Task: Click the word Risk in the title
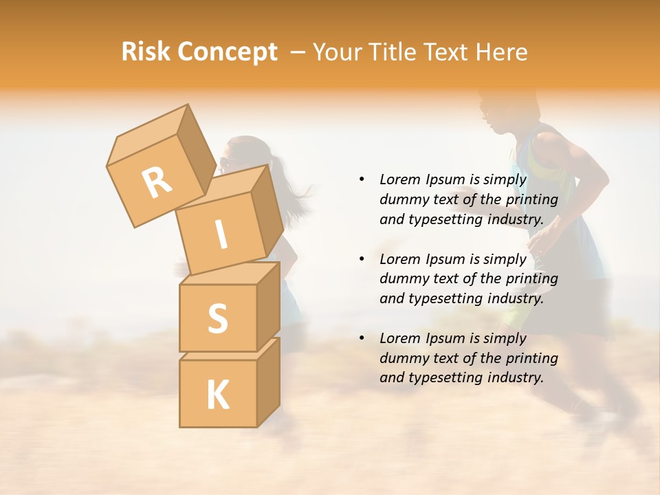pos(146,52)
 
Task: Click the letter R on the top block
pos(157,182)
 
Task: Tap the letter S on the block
pos(217,318)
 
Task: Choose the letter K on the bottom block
pos(217,395)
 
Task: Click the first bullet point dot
pos(362,179)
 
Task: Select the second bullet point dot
pos(362,259)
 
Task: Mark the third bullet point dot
pos(362,338)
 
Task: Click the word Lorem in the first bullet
pos(400,179)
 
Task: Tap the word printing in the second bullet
pos(531,279)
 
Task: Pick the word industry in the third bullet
pos(515,377)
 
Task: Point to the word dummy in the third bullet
pos(401,358)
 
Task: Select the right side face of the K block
pos(267,381)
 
